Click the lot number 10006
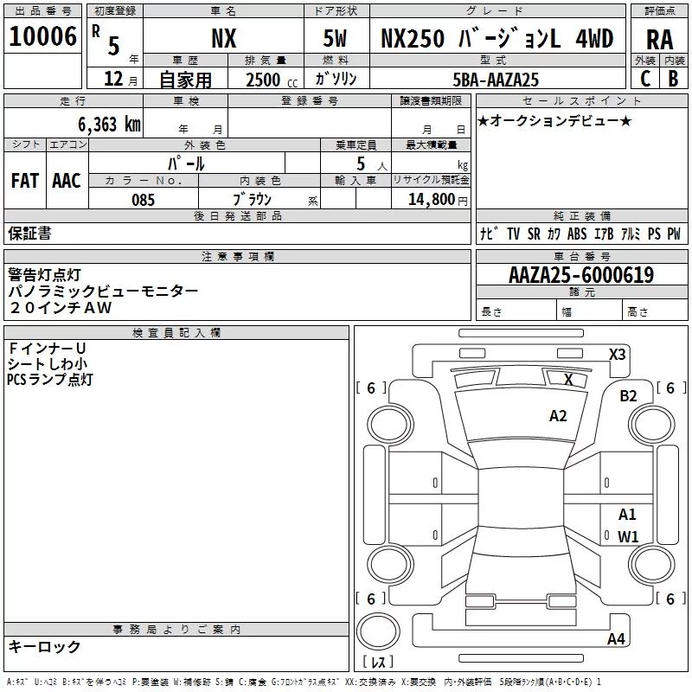tap(42, 37)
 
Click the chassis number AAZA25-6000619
tap(581, 276)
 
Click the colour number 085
tap(144, 200)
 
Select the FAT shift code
tap(25, 181)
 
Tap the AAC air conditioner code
tap(67, 181)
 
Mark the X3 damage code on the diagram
tap(618, 354)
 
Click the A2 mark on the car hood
tap(559, 416)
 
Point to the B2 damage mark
tap(628, 396)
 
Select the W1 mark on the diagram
tap(628, 536)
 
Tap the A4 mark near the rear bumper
tap(616, 639)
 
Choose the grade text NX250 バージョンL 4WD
tap(491, 39)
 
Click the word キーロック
tap(45, 646)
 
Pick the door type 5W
tap(336, 39)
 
